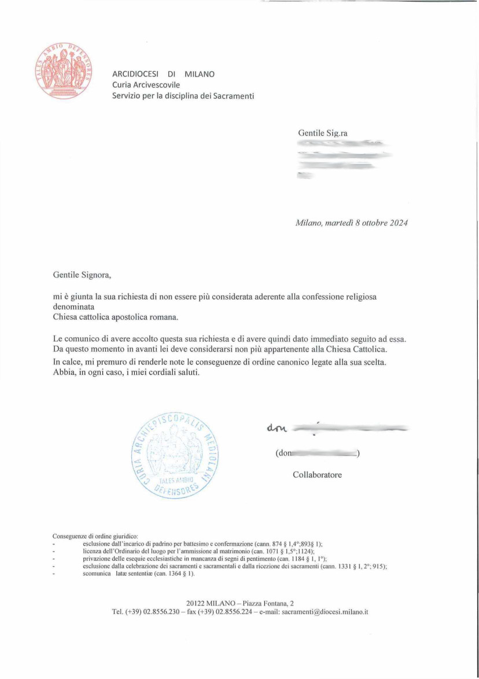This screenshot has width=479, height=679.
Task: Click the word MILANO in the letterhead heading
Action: pyautogui.click(x=199, y=74)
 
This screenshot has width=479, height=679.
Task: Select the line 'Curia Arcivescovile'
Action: pyautogui.click(x=146, y=85)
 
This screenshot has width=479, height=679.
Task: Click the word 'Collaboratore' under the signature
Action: pyautogui.click(x=317, y=475)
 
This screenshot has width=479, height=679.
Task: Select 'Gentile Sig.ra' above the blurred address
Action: pyautogui.click(x=322, y=133)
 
